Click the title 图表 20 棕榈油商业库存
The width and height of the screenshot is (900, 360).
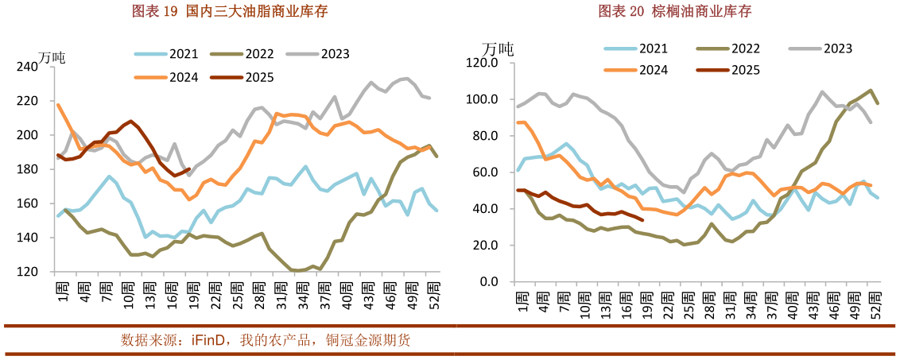[x=674, y=11]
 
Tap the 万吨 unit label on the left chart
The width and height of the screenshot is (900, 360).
[x=52, y=58]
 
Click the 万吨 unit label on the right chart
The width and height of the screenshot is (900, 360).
[x=498, y=48]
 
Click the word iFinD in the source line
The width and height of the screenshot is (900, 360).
[x=209, y=341]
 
